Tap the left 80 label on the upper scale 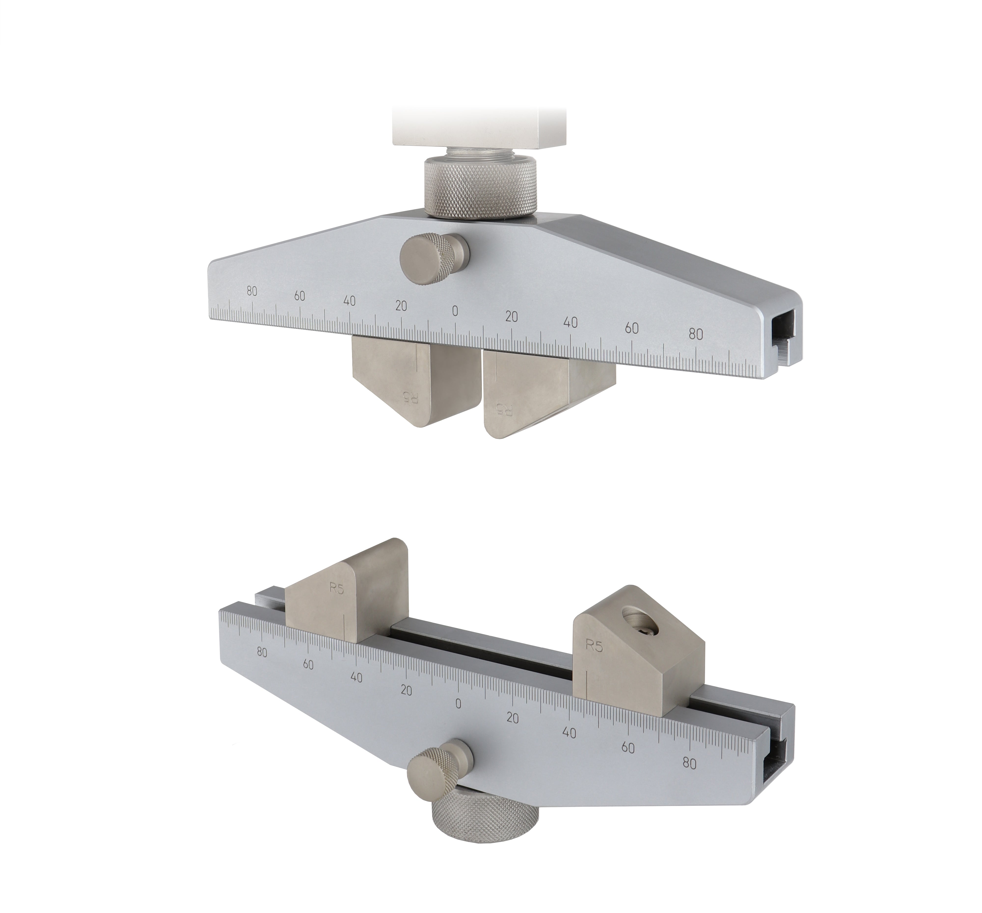252,291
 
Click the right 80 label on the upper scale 696,334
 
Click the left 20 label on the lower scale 406,690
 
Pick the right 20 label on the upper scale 512,317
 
